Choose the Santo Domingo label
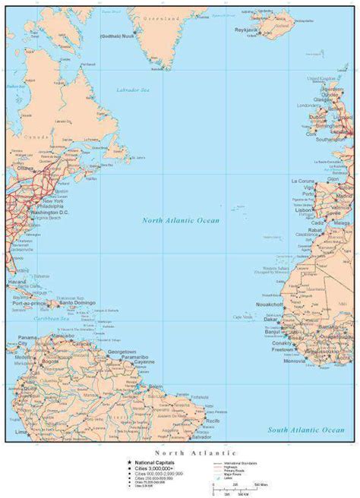pos(78,303)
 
